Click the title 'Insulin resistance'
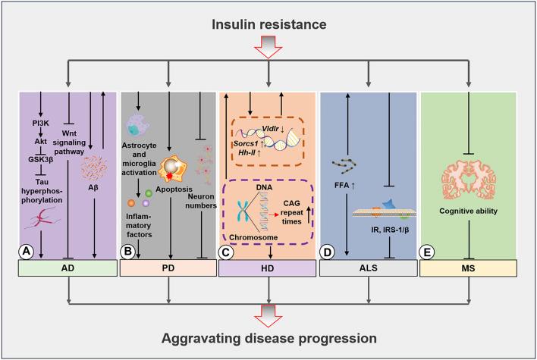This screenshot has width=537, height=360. [x=268, y=26]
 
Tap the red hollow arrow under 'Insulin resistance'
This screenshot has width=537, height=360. [x=268, y=52]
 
